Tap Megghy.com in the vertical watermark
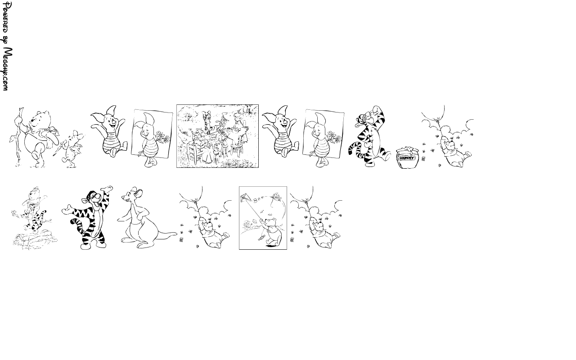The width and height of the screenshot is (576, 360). (7, 69)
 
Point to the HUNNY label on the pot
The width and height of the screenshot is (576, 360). (407, 158)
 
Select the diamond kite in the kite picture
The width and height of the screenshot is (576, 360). (245, 198)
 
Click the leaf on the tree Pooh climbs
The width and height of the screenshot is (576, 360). (12, 139)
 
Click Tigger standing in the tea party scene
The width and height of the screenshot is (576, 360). (207, 121)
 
